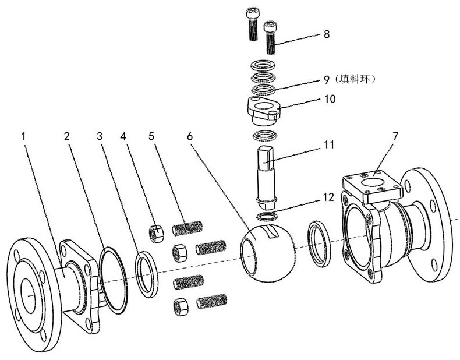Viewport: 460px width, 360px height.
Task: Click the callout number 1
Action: [24, 136]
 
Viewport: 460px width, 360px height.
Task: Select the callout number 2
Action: [67, 136]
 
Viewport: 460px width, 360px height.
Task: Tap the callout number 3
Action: [100, 136]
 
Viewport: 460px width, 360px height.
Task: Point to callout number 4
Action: [123, 136]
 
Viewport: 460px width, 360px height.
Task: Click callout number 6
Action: [189, 136]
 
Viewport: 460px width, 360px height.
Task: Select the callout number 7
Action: [395, 136]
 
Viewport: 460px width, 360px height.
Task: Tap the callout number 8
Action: [327, 34]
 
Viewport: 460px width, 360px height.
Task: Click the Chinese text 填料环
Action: [358, 77]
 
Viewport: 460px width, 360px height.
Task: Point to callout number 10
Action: [330, 99]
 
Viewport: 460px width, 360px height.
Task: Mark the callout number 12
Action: [329, 197]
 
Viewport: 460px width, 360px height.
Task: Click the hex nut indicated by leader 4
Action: [156, 233]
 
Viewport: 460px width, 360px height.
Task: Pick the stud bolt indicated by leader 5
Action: [188, 227]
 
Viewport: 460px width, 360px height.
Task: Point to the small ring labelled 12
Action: [266, 217]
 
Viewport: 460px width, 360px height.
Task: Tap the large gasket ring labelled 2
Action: [114, 280]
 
